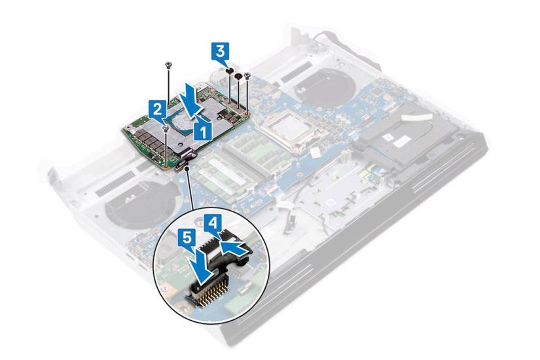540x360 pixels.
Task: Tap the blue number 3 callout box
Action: pos(221,52)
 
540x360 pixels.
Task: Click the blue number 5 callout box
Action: pos(187,238)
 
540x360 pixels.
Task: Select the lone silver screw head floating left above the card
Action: pos(168,64)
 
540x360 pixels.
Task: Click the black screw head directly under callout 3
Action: pos(228,71)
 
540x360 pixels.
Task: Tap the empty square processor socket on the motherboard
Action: pos(292,132)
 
